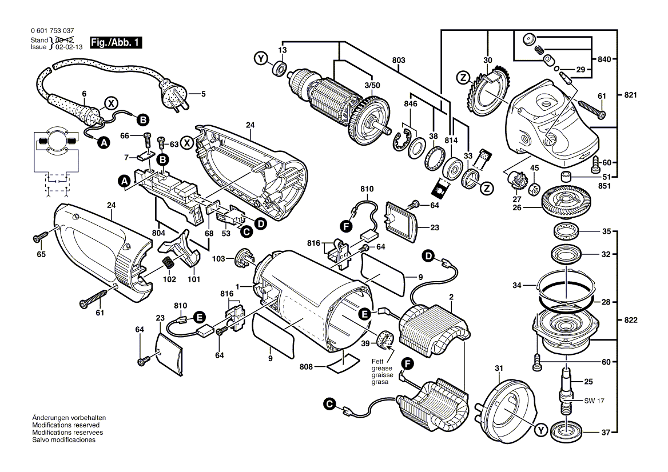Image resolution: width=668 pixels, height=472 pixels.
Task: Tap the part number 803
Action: pos(399,60)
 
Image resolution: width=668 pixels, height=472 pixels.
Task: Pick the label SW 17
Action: pos(594,401)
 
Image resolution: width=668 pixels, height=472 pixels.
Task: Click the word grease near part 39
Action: pos(379,368)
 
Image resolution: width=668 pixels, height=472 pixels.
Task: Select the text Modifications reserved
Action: pos(66,426)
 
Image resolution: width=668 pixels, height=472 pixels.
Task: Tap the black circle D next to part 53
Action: pos(260,224)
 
